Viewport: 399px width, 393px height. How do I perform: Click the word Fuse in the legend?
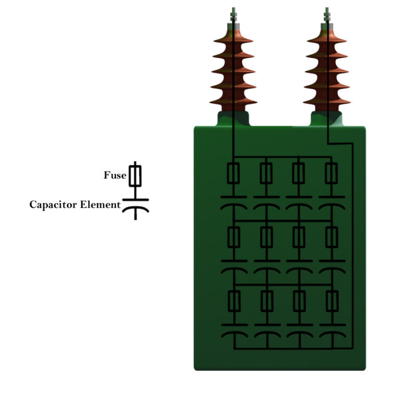click(115, 175)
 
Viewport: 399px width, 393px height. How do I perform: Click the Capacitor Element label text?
click(75, 205)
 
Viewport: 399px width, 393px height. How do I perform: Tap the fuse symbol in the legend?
click(135, 175)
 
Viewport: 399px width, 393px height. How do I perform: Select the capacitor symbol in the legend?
click(135, 205)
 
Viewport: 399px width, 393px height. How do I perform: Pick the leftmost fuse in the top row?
click(234, 173)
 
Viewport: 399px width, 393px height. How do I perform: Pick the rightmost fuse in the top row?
click(331, 173)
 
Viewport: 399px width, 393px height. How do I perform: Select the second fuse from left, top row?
click(266, 173)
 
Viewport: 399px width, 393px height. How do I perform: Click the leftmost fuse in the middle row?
click(234, 237)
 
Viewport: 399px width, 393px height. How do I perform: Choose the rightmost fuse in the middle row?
click(331, 237)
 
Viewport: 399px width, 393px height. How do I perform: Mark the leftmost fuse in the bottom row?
click(234, 301)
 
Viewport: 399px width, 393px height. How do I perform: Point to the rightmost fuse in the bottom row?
click(331, 301)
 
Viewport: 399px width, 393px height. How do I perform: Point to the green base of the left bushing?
click(233, 118)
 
